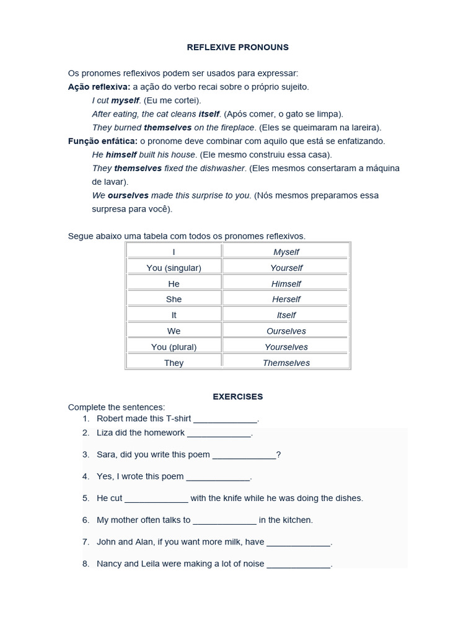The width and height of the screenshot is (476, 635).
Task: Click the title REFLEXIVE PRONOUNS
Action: click(x=238, y=47)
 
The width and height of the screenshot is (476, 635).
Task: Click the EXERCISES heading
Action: click(x=238, y=396)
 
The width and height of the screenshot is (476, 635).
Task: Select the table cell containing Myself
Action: click(x=286, y=252)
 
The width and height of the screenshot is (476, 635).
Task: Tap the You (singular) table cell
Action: click(x=174, y=268)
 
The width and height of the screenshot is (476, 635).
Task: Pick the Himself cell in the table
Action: click(x=286, y=283)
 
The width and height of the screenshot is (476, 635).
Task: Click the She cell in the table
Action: click(x=174, y=299)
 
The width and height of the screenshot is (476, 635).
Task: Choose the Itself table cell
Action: click(x=286, y=315)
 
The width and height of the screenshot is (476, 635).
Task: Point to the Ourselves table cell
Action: click(x=286, y=331)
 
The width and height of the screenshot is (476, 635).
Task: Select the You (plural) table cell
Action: click(x=174, y=347)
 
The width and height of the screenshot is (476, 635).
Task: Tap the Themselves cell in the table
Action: click(x=286, y=363)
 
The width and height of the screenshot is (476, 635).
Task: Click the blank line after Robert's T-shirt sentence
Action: click(x=225, y=419)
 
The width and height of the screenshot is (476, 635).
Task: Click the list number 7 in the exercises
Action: click(x=86, y=542)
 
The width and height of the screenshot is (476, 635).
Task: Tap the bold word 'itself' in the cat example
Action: click(x=209, y=114)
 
